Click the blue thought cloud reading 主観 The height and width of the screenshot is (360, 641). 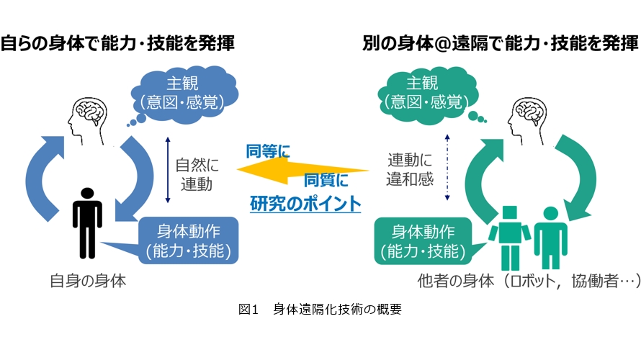click(x=184, y=95)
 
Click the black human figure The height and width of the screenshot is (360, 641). click(x=87, y=223)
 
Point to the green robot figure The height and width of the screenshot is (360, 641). click(x=509, y=238)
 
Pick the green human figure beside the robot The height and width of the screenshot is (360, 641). click(x=551, y=238)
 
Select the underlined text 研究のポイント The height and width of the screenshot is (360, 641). click(x=305, y=204)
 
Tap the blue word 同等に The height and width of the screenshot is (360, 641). click(x=268, y=151)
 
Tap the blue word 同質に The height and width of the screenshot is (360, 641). click(x=326, y=180)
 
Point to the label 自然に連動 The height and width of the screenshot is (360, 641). click(x=197, y=174)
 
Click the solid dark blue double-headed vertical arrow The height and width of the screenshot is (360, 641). click(x=168, y=170)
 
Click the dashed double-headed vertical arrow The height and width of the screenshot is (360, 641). click(x=447, y=168)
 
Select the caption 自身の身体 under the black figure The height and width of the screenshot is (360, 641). click(x=88, y=281)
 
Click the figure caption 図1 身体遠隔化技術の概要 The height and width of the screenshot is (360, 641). click(x=320, y=309)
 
